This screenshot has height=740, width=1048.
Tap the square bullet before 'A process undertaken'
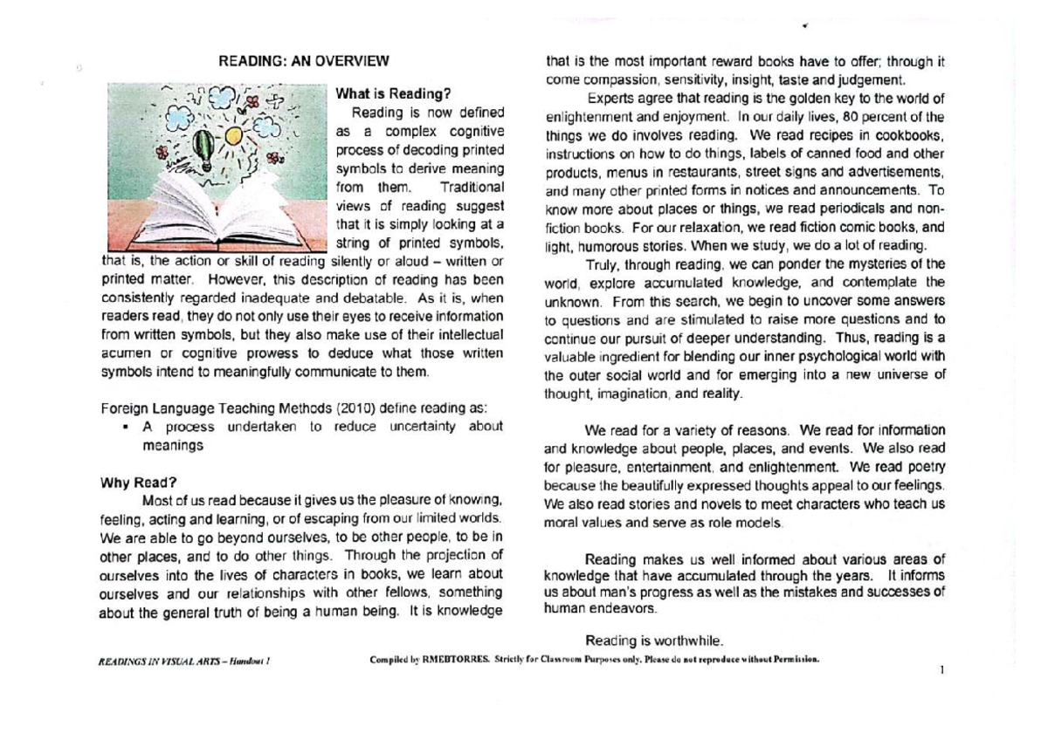128,428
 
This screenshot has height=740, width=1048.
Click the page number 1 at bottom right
941,671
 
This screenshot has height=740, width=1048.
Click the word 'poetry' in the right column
926,466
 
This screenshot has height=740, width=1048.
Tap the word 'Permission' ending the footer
791,660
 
